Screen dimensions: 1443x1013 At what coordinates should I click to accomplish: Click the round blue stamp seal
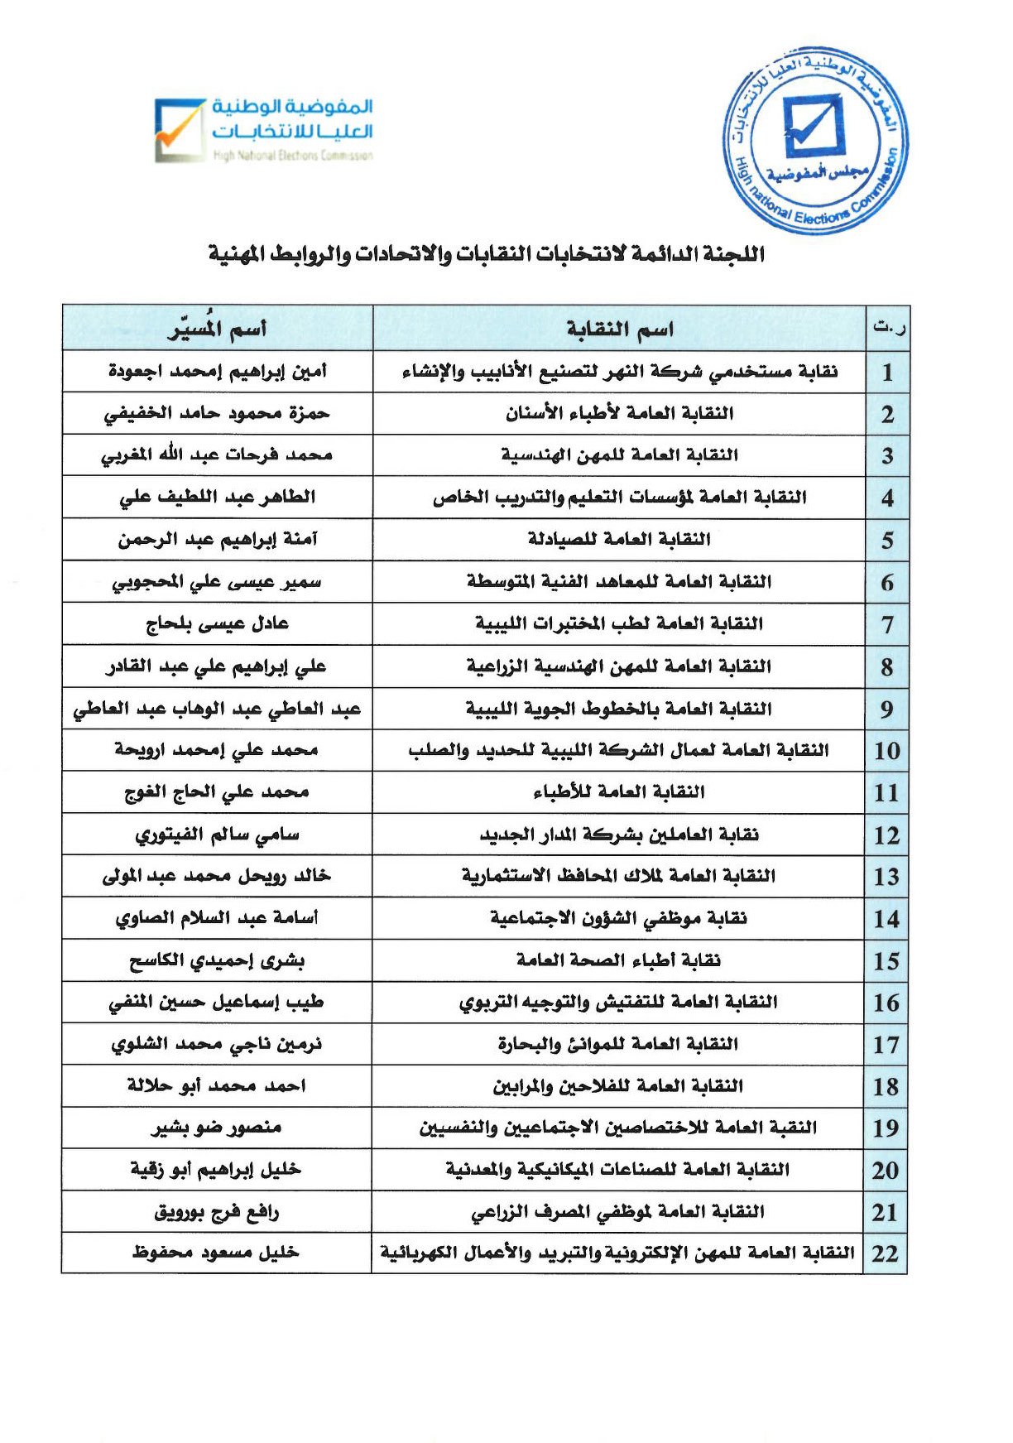point(815,141)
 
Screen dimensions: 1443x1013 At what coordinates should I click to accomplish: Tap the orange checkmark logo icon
point(179,130)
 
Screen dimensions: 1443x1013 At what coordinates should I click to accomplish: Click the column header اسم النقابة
point(620,329)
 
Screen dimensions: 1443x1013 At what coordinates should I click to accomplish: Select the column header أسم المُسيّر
point(217,329)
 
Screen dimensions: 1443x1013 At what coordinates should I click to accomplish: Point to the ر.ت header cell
point(888,329)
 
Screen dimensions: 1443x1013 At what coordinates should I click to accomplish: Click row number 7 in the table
point(887,624)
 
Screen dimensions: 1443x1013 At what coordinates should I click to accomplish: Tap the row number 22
point(886,1253)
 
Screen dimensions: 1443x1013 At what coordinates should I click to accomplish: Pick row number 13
point(886,877)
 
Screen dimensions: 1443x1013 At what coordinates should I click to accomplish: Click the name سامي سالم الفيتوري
point(217,835)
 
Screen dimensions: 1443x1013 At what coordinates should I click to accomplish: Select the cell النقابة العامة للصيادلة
point(619,540)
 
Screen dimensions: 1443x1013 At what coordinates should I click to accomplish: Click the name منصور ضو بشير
point(217,1128)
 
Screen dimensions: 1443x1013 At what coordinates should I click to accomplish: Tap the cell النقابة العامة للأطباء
point(619,792)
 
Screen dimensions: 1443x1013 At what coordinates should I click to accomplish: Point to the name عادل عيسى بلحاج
point(217,623)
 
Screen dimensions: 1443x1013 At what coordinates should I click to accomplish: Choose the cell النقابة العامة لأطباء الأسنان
point(619,413)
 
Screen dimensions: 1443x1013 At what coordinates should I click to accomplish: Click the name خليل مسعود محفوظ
point(216,1253)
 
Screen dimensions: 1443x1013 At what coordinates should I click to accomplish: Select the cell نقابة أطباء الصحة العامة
point(619,960)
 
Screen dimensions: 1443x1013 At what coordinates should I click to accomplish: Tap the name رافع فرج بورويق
point(217,1212)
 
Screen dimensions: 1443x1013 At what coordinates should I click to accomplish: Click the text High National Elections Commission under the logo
point(293,156)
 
